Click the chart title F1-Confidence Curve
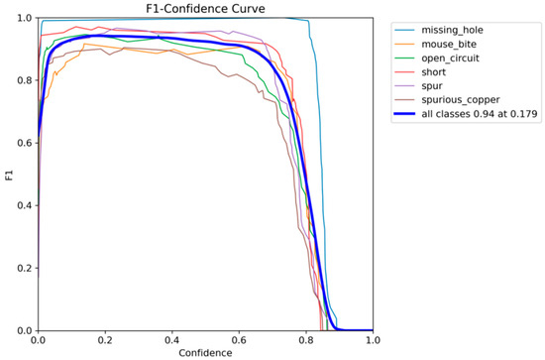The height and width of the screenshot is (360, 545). point(205,9)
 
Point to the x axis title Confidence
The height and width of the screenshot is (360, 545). point(205,352)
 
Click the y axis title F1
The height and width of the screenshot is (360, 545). point(8,175)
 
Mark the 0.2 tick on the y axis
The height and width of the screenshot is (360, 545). point(26,268)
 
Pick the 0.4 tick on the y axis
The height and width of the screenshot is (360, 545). point(26,205)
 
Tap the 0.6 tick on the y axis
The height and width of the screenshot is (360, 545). point(26,144)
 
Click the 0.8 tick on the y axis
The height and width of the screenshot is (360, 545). point(26,81)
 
